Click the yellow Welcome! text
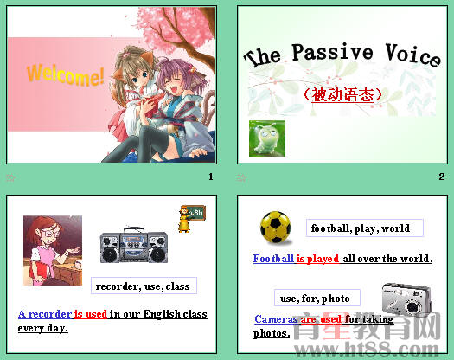click(66, 74)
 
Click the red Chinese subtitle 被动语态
click(343, 93)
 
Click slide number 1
click(210, 177)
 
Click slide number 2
click(441, 177)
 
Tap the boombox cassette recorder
click(134, 246)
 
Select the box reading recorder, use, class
click(144, 286)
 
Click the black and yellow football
click(276, 227)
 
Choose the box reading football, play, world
click(364, 228)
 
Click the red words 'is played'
click(317, 259)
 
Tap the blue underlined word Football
click(273, 259)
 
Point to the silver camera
click(406, 299)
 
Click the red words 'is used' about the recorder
click(90, 314)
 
